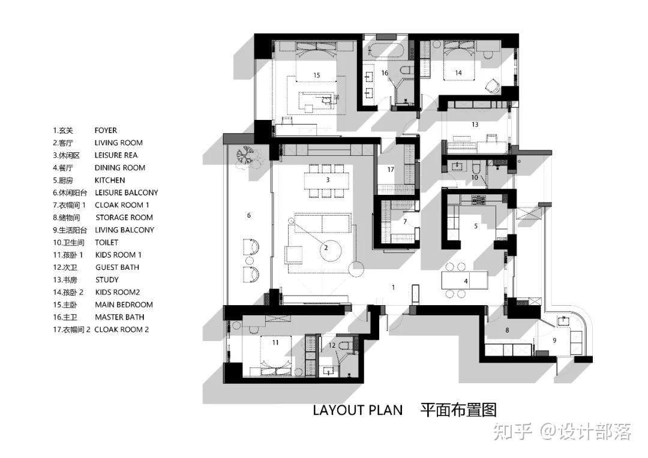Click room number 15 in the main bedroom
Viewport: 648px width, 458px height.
pos(317,75)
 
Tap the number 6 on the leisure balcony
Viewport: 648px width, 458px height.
pos(249,215)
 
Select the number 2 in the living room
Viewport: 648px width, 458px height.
pos(326,248)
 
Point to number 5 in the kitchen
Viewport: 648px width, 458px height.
pos(476,226)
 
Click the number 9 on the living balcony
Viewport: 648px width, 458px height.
pos(554,341)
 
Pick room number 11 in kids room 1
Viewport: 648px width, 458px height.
pos(275,342)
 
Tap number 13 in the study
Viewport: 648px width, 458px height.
pos(475,124)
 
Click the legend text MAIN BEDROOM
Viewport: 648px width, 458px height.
pos(124,305)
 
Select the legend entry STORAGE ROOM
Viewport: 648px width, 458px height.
pos(124,218)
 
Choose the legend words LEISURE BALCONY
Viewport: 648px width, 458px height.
pos(127,193)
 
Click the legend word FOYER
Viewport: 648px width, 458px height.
pos(106,131)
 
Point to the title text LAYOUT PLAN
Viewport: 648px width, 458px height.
pos(358,410)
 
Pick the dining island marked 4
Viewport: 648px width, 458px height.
pos(464,281)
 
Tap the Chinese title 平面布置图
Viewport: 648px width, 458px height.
pos(458,410)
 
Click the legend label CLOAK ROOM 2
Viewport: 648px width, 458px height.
pos(121,330)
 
